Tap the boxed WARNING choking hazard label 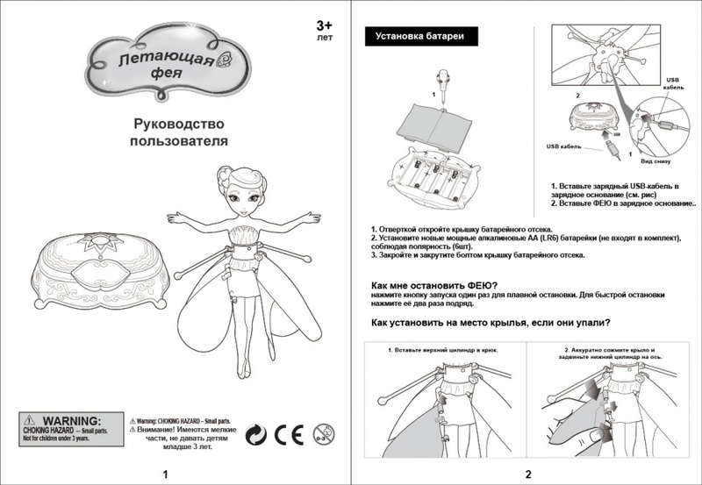click(x=65, y=427)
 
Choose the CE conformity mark click(x=287, y=432)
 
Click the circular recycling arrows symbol click(x=254, y=432)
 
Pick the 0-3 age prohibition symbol click(x=322, y=432)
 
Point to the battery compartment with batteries click(x=433, y=175)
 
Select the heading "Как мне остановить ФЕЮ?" click(x=434, y=284)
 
